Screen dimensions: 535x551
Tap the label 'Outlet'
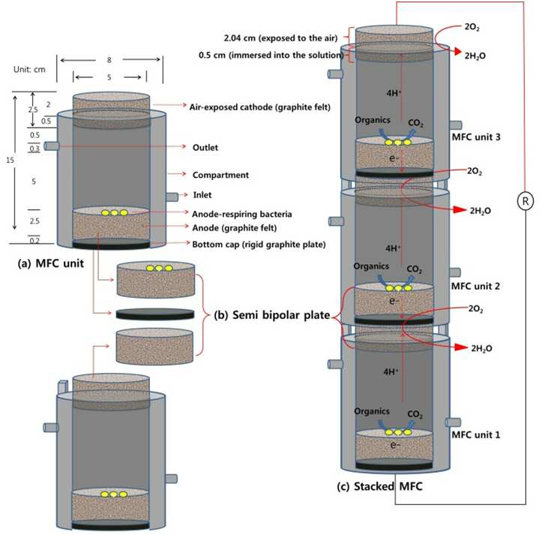[x=205, y=147]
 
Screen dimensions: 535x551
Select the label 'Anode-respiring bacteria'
[x=244, y=213]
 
